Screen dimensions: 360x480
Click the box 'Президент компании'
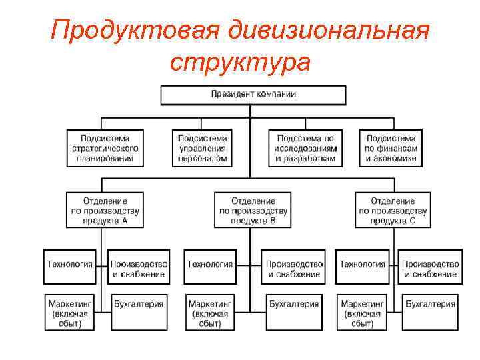click(253, 95)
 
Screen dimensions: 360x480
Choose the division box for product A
click(105, 210)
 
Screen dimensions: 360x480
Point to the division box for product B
click(253, 210)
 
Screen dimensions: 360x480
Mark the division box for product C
click(393, 210)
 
